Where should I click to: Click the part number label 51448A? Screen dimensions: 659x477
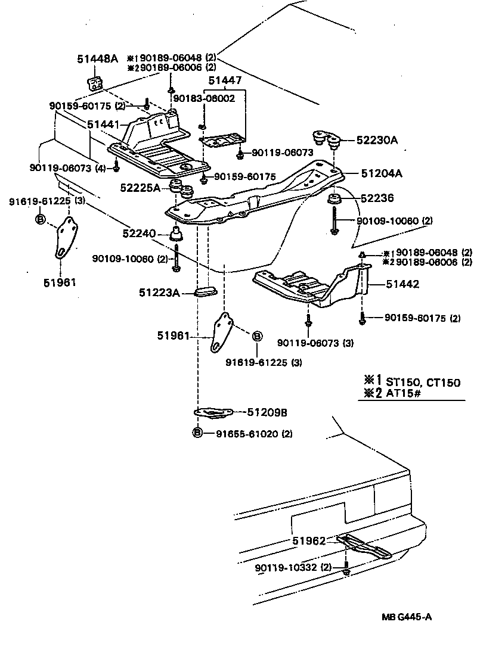point(97,58)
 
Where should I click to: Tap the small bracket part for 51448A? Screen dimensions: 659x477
point(94,83)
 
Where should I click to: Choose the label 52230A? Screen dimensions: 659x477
point(377,141)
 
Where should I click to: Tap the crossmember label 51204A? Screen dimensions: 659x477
point(382,174)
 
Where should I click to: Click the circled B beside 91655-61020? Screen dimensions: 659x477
point(198,433)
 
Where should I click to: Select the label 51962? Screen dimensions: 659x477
point(309,541)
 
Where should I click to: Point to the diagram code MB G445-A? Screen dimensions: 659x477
point(407,617)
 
